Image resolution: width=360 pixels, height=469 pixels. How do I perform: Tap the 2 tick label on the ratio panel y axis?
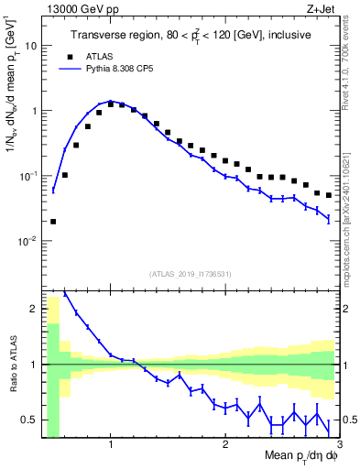[35, 309]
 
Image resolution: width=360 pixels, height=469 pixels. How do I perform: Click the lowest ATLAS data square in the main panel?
[53, 221]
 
